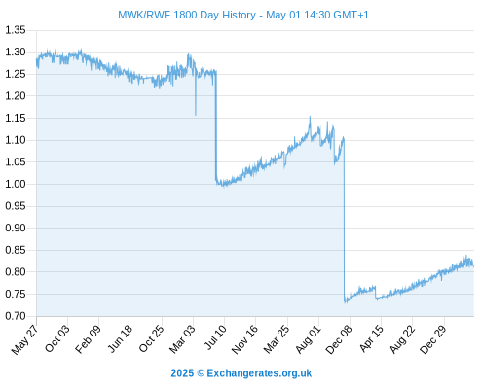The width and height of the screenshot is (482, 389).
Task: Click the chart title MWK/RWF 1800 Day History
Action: coord(187,15)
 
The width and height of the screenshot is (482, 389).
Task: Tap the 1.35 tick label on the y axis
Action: coord(16,30)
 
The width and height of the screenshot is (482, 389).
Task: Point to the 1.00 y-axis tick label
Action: coord(16,184)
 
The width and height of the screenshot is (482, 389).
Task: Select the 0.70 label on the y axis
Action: coord(16,316)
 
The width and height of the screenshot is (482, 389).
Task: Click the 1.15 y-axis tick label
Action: coord(16,118)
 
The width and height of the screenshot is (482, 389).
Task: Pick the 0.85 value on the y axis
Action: coord(16,250)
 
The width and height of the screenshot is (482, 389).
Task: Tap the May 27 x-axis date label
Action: coord(24,339)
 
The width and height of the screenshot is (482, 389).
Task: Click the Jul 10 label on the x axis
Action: coord(214,337)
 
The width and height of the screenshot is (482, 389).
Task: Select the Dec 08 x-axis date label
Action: coord(339,339)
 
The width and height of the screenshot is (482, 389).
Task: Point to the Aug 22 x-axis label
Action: coord(402,339)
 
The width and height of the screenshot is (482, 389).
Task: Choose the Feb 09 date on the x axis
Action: coord(88,339)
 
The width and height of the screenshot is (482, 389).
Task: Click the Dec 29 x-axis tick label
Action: coord(433,339)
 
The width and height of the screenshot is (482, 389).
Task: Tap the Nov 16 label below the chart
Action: coord(244,339)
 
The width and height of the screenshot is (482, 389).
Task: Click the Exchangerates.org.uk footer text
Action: coord(259,373)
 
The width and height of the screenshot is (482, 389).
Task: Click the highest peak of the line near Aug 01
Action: coord(310,117)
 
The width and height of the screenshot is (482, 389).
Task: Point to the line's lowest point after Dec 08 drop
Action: coord(346,302)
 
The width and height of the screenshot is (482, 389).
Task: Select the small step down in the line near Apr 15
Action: coord(376,293)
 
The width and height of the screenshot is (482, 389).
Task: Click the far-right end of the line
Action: coord(473,266)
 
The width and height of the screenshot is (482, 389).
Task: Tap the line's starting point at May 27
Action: coord(37,59)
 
